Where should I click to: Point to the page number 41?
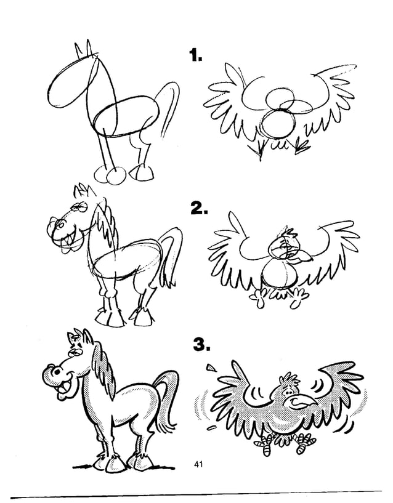(198, 464)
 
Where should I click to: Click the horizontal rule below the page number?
(197, 493)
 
